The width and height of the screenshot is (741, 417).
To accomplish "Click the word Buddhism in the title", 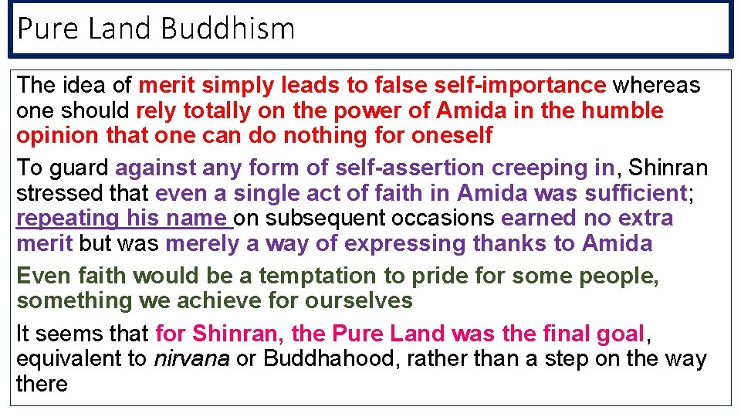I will pyautogui.click(x=228, y=29).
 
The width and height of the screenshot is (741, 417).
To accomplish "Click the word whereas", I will pyautogui.click(x=657, y=85).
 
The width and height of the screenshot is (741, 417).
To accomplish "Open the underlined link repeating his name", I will pyautogui.click(x=123, y=219).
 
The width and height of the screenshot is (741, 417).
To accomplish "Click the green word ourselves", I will pyautogui.click(x=354, y=301).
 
